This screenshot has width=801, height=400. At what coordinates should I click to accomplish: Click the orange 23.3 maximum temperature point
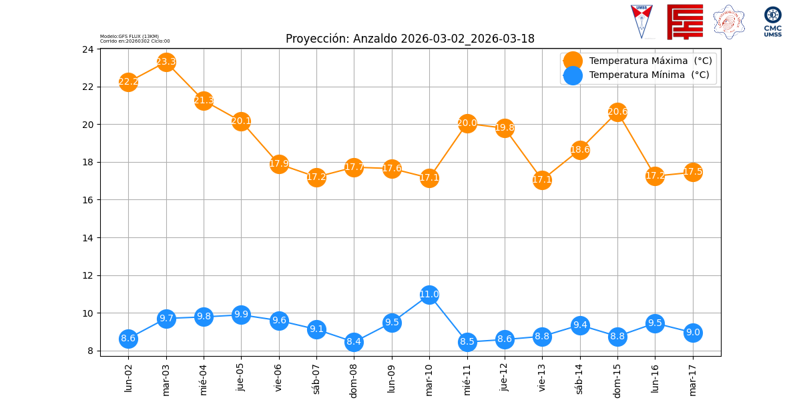coord(166,62)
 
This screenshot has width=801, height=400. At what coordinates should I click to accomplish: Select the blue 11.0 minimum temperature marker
coord(429,295)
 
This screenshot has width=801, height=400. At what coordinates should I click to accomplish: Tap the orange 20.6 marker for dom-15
coord(617,112)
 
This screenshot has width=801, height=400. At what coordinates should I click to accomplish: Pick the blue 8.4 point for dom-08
coord(354,342)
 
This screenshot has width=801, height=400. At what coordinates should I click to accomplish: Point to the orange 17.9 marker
coord(279,164)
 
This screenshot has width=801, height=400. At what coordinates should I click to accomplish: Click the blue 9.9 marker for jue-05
coord(241,315)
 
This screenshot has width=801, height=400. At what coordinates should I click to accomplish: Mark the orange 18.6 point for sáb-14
coord(580,150)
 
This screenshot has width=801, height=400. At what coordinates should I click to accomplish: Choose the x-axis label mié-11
coord(467,378)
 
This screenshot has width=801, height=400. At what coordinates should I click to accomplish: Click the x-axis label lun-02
coord(129,377)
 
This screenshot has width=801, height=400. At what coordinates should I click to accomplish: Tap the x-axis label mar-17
coord(693,378)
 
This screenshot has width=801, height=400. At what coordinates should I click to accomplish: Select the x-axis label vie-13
coord(542,378)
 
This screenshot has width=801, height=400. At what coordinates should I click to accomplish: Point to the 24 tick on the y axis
coord(88,49)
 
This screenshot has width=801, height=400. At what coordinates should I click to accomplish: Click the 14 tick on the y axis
coord(88,238)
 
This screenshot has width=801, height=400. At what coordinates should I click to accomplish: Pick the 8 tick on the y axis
coord(91,351)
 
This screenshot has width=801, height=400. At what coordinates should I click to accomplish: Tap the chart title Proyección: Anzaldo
coord(410,39)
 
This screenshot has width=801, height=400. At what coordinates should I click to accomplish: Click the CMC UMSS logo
coord(773,21)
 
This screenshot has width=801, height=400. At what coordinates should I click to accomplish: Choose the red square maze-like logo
coord(685,21)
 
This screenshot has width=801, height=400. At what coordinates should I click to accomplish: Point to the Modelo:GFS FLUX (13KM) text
coord(129,36)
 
